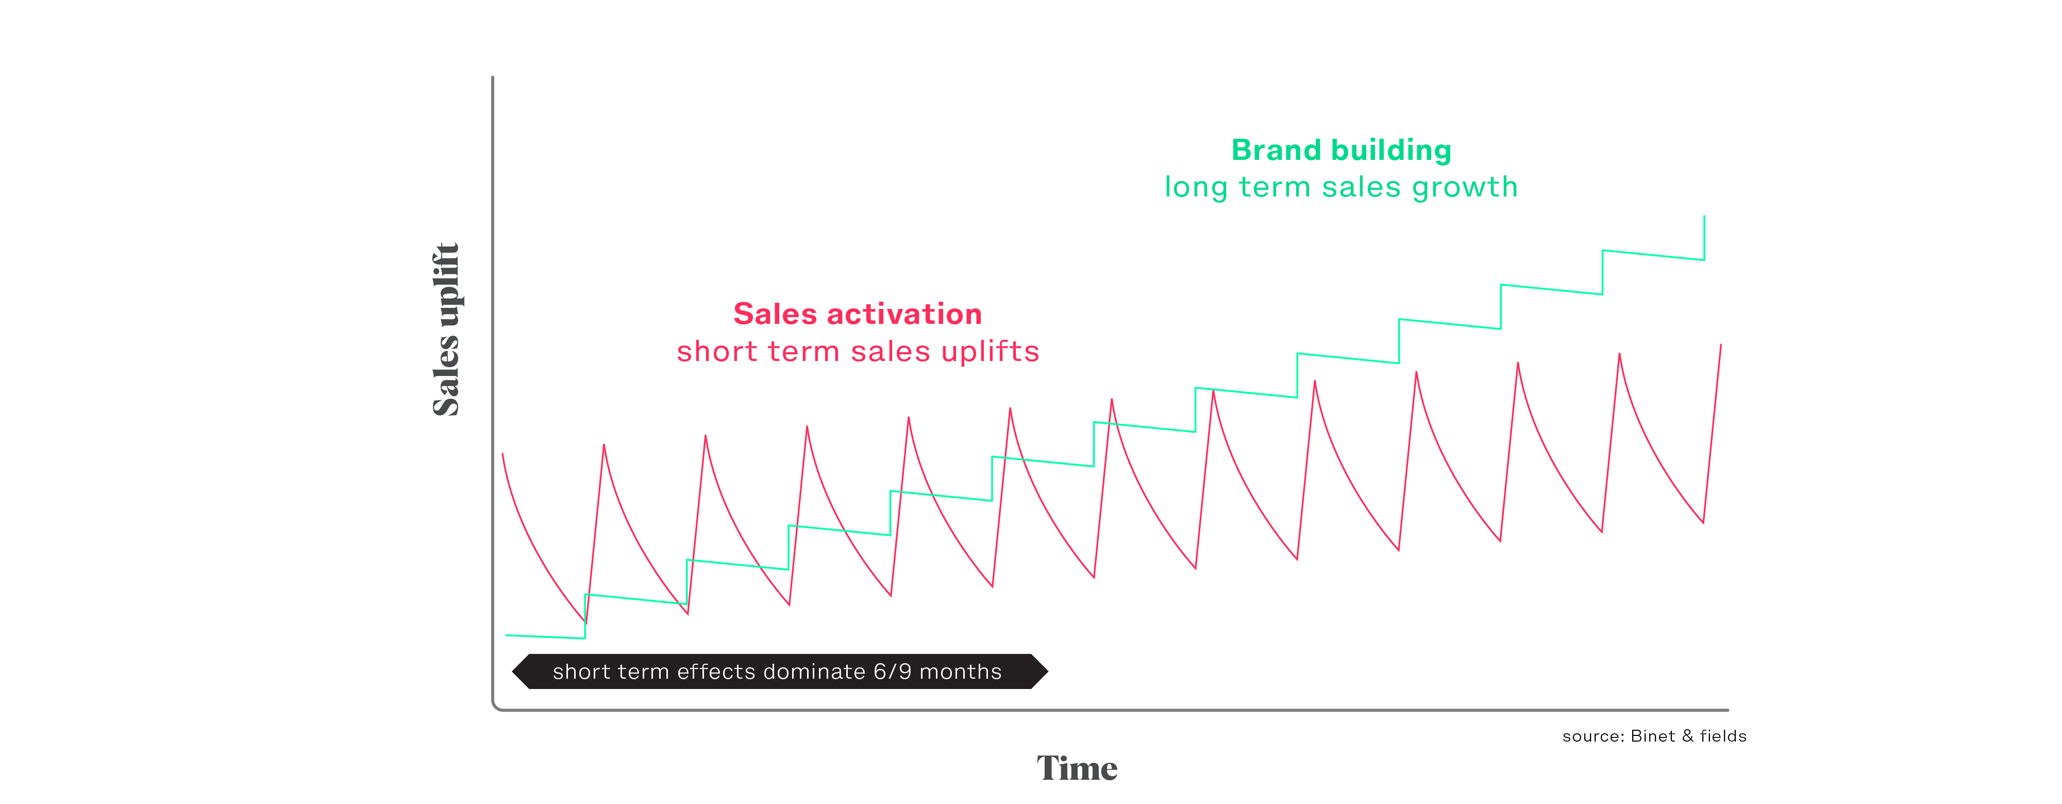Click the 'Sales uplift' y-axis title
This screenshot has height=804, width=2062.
coord(446,329)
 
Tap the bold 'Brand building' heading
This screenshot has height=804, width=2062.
coord(1342,150)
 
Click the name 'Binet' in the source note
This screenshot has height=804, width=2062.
coord(1653,736)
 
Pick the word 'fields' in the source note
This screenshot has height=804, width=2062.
coord(1723,736)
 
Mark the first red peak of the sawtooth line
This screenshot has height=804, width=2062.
coord(603,445)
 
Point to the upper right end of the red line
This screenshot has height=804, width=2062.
coord(1721,344)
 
